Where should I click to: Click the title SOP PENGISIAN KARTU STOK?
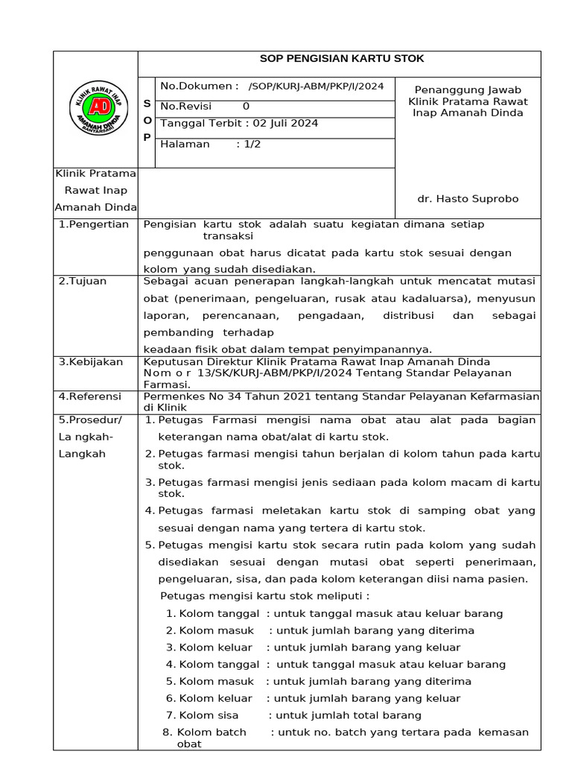(341, 59)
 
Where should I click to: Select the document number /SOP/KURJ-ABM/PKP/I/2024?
(316, 86)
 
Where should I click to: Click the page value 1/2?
(248, 144)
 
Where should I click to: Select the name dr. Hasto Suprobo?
(468, 199)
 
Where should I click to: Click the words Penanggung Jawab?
(468, 89)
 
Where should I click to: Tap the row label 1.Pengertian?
(94, 224)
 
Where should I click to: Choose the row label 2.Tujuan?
(82, 281)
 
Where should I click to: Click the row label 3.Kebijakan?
(90, 361)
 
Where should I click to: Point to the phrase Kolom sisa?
(209, 715)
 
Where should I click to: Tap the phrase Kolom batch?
(212, 732)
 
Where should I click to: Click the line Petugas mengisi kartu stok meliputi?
(265, 596)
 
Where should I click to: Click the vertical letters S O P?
(147, 121)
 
